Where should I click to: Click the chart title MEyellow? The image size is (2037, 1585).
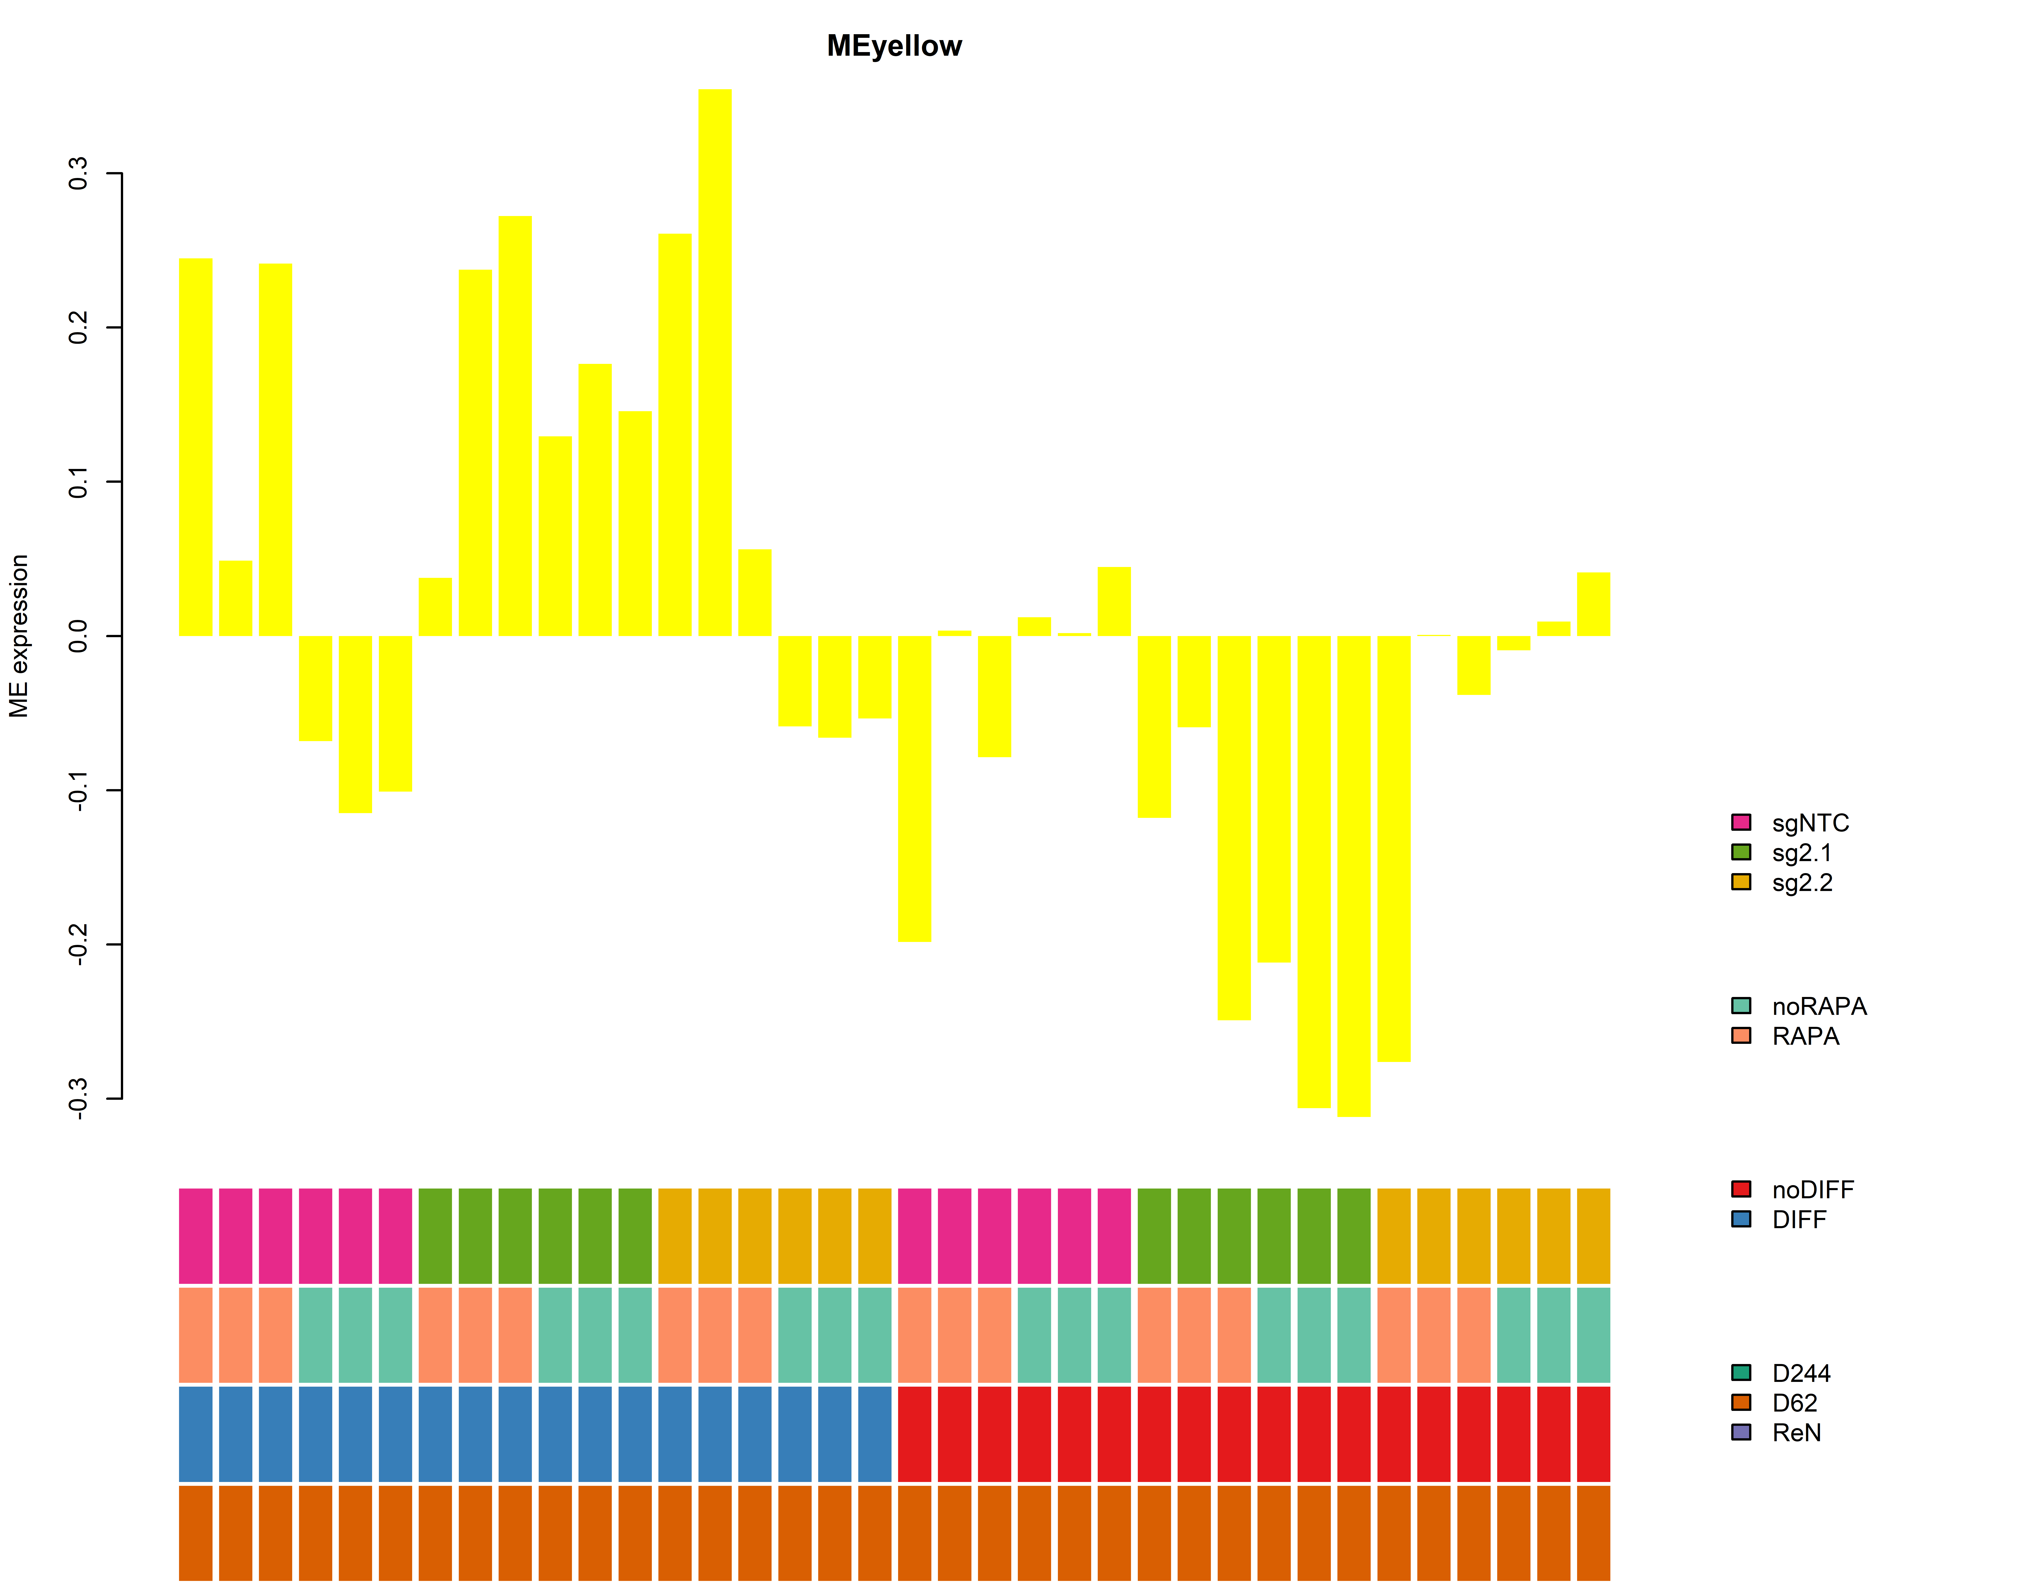pos(894,46)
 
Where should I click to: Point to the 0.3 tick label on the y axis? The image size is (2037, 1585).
pos(78,173)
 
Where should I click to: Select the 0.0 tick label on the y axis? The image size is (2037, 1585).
pos(78,636)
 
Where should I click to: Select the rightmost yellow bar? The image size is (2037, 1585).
pos(1593,605)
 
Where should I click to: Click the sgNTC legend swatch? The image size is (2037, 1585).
pos(1741,822)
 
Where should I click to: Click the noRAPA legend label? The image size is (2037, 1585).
pos(1819,1007)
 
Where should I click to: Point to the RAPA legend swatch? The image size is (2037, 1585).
pos(1741,1035)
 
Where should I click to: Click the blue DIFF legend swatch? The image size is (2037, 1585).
pos(1741,1219)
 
